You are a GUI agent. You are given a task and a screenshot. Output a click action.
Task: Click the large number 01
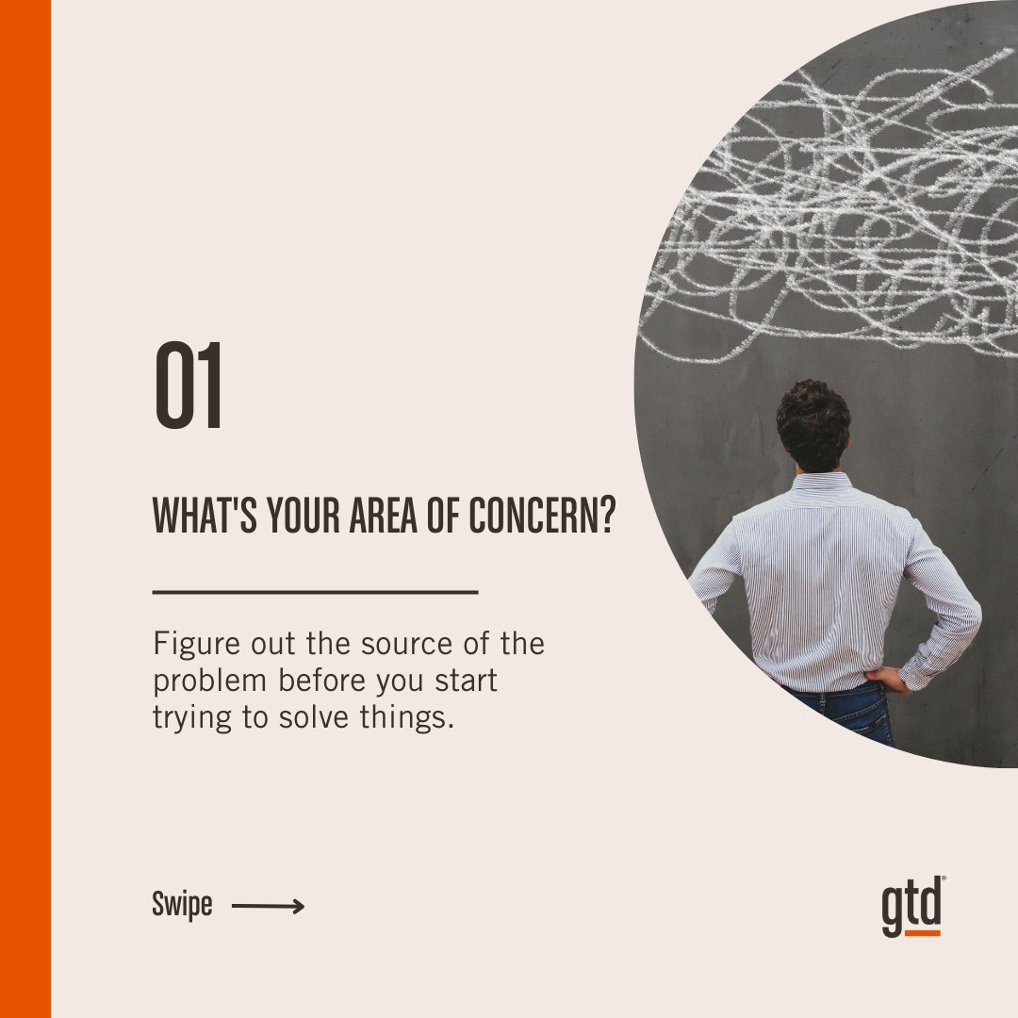(189, 386)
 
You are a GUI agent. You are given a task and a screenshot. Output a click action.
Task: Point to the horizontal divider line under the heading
(315, 592)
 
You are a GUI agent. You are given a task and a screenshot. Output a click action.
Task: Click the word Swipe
(182, 907)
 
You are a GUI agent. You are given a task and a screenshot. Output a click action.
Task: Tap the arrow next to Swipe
(268, 907)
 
